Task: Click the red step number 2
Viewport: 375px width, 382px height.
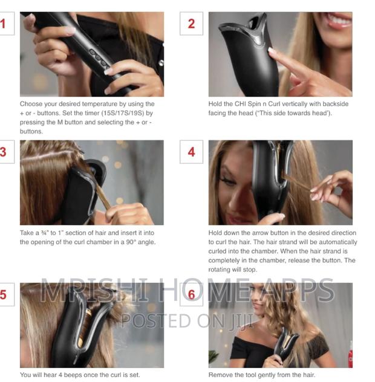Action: (x=191, y=24)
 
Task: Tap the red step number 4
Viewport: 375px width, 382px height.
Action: (x=191, y=152)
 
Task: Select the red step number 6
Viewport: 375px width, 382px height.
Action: (x=191, y=295)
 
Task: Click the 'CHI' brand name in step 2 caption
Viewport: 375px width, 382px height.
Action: (x=248, y=104)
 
